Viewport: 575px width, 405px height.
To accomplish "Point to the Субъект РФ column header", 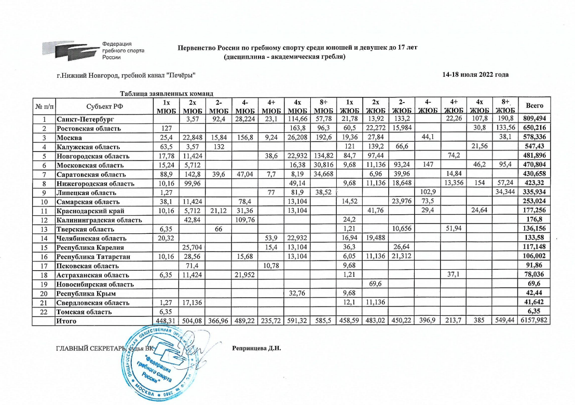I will (x=102, y=106).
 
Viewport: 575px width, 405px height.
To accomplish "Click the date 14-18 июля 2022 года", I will (x=475, y=75).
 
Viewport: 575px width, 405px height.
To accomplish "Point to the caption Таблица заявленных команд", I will (x=167, y=93).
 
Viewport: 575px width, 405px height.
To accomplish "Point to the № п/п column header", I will (x=45, y=106).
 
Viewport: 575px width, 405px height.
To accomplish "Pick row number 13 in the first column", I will (x=45, y=229).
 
